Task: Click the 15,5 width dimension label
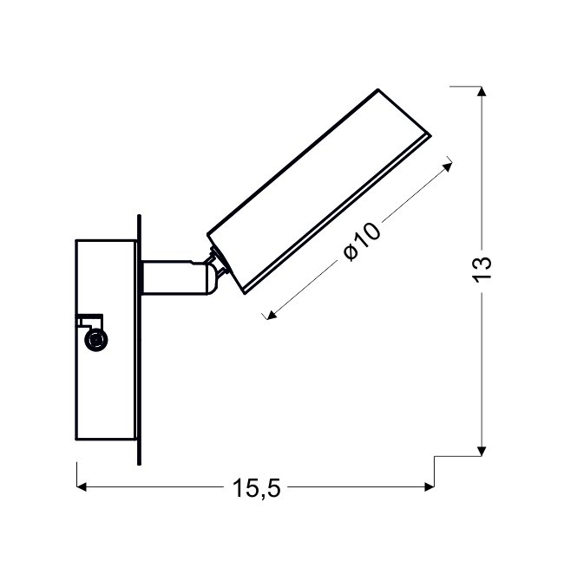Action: (256, 488)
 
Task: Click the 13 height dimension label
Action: (482, 269)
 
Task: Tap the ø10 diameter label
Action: (362, 241)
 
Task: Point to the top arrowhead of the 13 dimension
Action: (482, 91)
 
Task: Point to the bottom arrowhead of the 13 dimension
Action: (482, 451)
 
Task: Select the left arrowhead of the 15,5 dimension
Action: (82, 487)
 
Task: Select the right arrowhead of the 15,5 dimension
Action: (430, 487)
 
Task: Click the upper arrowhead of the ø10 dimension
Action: (448, 166)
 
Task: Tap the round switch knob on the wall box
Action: (96, 340)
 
